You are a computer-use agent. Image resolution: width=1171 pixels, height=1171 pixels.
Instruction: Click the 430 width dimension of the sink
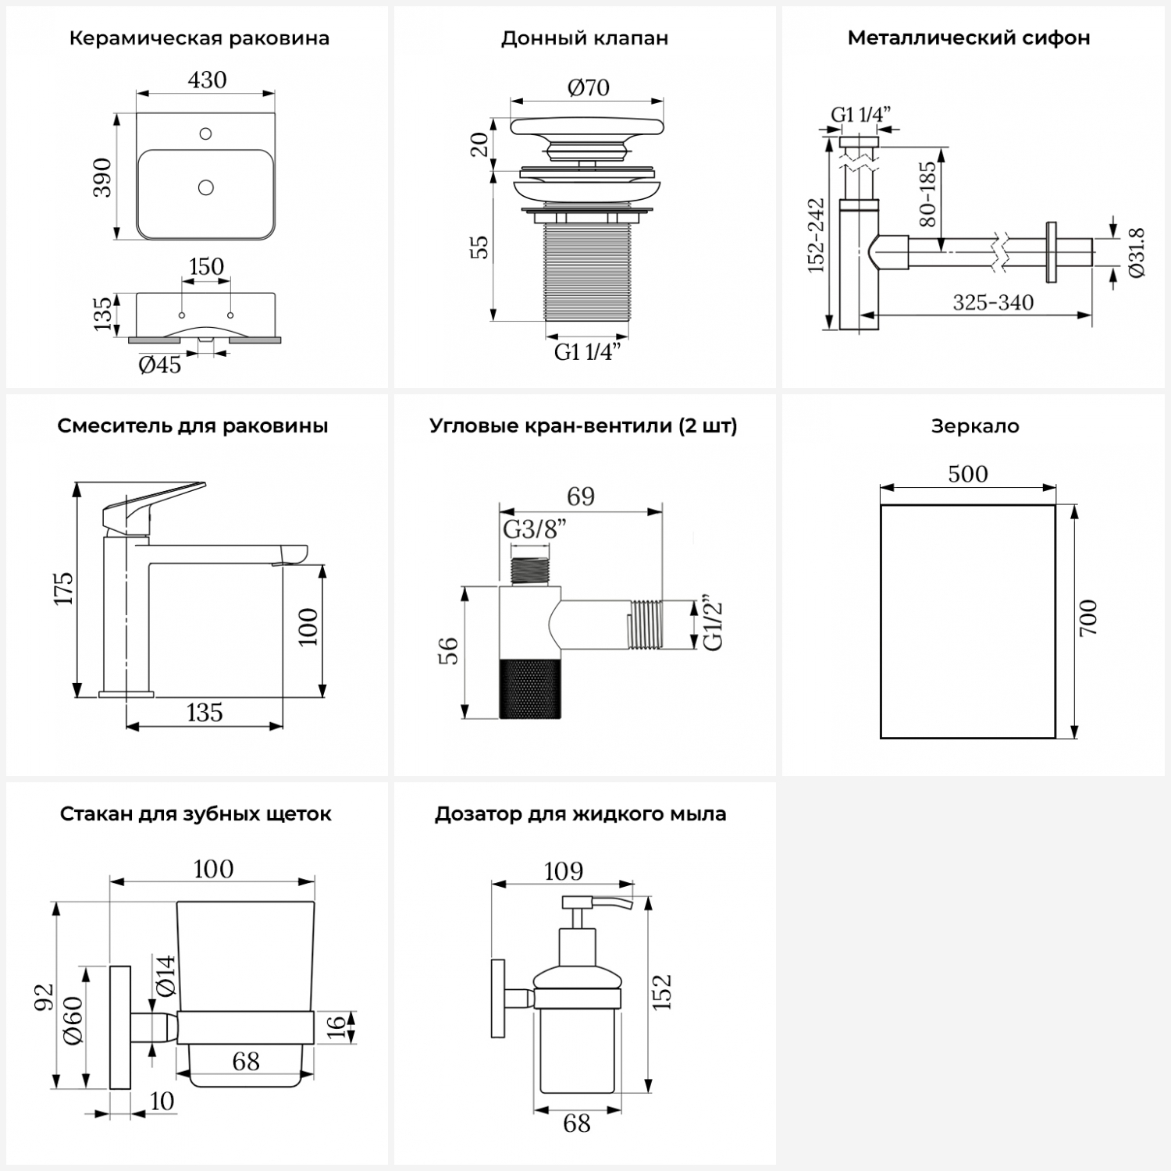click(207, 80)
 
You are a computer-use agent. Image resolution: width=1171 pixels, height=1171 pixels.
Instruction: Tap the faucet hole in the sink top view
click(206, 133)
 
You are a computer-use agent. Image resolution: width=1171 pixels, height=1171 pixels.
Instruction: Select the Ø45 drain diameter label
click(160, 364)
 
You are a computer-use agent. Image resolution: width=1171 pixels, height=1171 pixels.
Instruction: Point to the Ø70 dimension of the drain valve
click(588, 87)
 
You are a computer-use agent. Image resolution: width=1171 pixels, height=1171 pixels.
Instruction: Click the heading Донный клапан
click(585, 38)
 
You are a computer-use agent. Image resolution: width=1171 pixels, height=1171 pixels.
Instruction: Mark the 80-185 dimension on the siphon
click(927, 194)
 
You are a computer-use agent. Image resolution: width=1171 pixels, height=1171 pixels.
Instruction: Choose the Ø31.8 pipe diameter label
click(1136, 252)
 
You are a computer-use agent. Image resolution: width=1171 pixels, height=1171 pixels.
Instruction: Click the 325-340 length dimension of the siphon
click(993, 303)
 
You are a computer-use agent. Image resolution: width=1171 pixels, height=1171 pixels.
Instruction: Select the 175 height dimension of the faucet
click(63, 588)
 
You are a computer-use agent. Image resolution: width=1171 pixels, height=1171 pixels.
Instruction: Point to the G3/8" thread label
click(534, 529)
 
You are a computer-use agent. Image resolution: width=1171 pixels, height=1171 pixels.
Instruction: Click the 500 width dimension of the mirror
click(968, 474)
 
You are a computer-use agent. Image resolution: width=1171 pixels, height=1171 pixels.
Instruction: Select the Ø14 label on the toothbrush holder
click(166, 976)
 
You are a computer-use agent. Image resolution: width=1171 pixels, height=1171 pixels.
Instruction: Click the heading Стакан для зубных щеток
click(196, 814)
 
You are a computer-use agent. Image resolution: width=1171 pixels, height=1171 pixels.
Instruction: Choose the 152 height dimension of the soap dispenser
click(661, 991)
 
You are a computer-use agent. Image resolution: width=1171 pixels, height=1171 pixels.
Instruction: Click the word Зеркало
click(975, 426)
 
